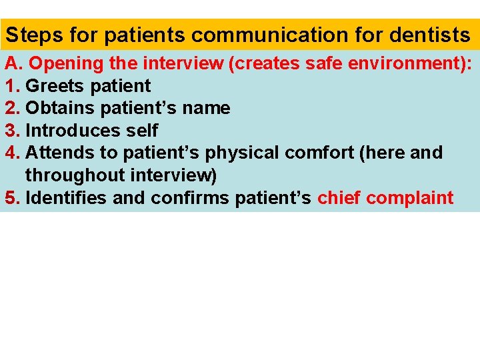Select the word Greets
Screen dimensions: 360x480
tap(53, 86)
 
